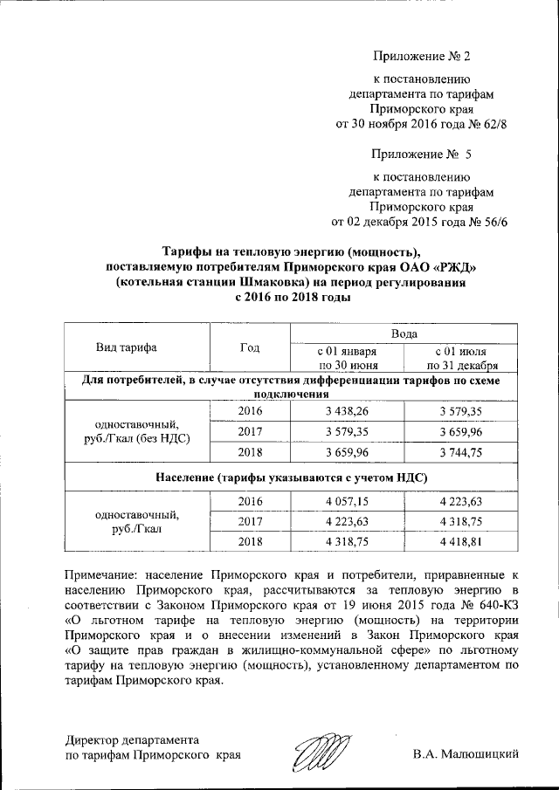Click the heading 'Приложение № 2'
[421, 57]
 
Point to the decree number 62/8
[492, 125]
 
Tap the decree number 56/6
[492, 222]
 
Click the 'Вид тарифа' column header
[127, 347]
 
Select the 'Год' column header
[249, 347]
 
